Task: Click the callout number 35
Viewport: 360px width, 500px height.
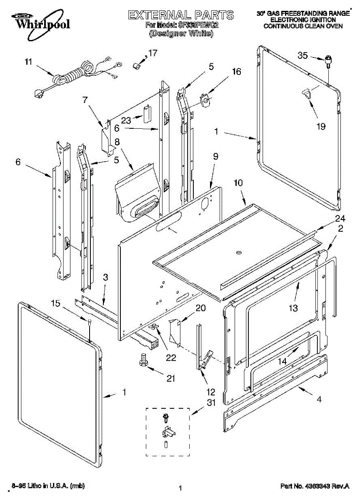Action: pyautogui.click(x=302, y=55)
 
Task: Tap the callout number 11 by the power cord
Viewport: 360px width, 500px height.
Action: pyautogui.click(x=28, y=62)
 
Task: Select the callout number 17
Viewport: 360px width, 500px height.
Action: pyautogui.click(x=153, y=53)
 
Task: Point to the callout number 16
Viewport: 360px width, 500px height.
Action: pyautogui.click(x=236, y=71)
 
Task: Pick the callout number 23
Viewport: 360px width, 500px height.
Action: pyautogui.click(x=126, y=120)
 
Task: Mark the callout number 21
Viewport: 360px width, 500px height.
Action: pyautogui.click(x=171, y=378)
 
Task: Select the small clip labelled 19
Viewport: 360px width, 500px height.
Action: pyautogui.click(x=307, y=93)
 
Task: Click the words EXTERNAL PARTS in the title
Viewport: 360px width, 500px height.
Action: pyautogui.click(x=180, y=16)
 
